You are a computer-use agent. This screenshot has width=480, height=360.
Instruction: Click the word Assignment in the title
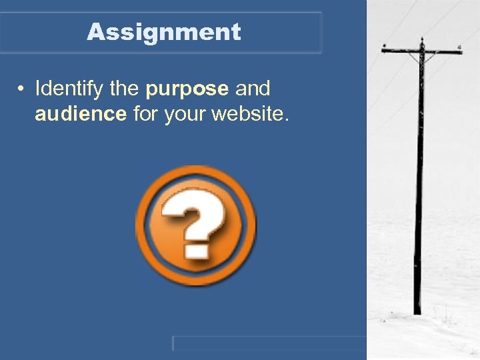click(163, 32)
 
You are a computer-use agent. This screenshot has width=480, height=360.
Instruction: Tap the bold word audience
click(81, 114)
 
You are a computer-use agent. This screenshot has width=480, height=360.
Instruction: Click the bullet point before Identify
click(22, 89)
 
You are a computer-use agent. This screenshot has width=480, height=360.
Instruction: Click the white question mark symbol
click(194, 219)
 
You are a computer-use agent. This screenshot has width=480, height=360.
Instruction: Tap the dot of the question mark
click(195, 251)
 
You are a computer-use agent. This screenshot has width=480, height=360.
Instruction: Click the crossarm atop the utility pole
click(421, 49)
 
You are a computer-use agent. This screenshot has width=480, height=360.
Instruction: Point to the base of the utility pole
click(417, 311)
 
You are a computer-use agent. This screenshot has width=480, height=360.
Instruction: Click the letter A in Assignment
click(95, 32)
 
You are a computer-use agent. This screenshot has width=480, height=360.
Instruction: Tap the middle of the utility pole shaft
click(419, 180)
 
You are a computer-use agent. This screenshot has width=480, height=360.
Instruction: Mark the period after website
click(287, 119)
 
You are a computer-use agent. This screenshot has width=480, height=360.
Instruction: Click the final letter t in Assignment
click(236, 32)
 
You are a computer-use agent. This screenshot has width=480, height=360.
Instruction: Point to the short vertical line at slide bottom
click(173, 343)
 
